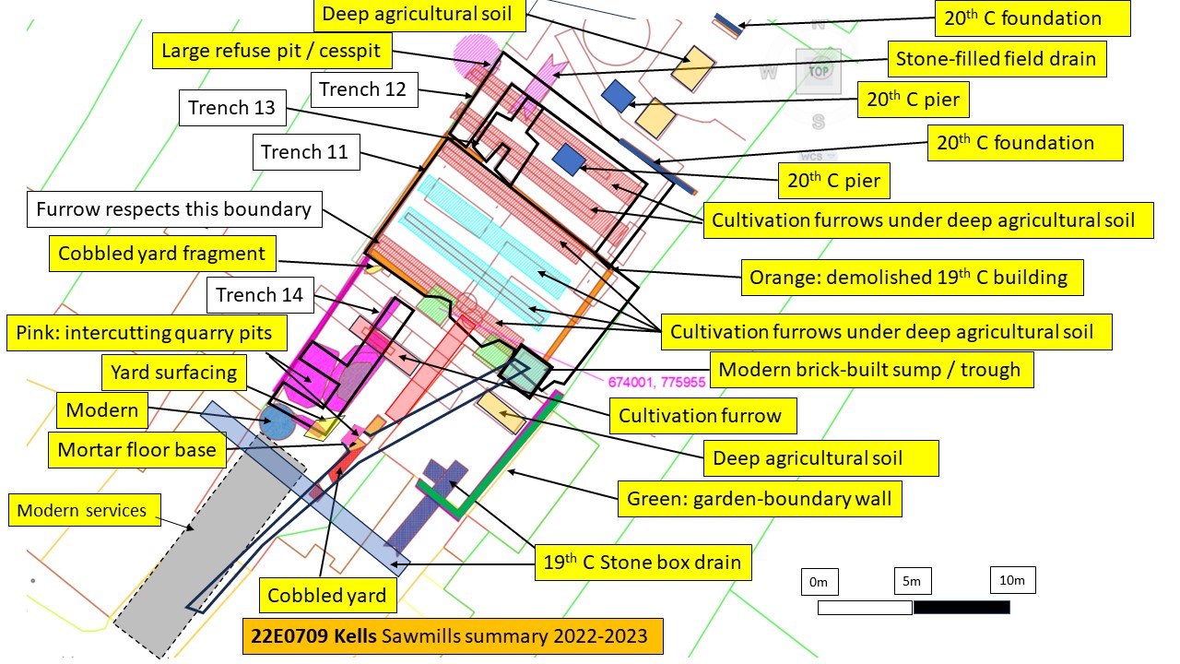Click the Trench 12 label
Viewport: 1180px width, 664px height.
[364, 89]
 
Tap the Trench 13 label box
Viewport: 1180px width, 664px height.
[232, 108]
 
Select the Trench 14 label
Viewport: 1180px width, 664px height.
[260, 294]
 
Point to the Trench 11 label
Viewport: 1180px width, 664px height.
[306, 152]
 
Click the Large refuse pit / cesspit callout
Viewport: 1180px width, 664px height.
[272, 51]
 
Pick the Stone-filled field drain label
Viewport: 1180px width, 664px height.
[997, 59]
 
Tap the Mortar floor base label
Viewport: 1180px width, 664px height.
[137, 450]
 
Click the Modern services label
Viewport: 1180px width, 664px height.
[84, 510]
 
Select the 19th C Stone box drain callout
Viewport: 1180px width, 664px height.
[643, 563]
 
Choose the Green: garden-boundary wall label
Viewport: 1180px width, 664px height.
[760, 499]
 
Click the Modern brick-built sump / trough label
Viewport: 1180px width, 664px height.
[872, 370]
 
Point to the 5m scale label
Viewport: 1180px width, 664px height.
[913, 581]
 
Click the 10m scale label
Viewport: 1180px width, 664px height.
[1012, 580]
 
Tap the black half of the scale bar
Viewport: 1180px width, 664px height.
[962, 608]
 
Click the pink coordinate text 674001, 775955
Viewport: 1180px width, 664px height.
[656, 382]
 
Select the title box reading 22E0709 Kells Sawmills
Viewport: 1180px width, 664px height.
[453, 636]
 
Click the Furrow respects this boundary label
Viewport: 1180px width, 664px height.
[174, 209]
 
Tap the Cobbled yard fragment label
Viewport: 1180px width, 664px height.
[162, 254]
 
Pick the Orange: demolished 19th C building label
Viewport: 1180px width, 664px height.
[912, 278]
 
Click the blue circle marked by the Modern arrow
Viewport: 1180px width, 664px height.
[277, 421]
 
